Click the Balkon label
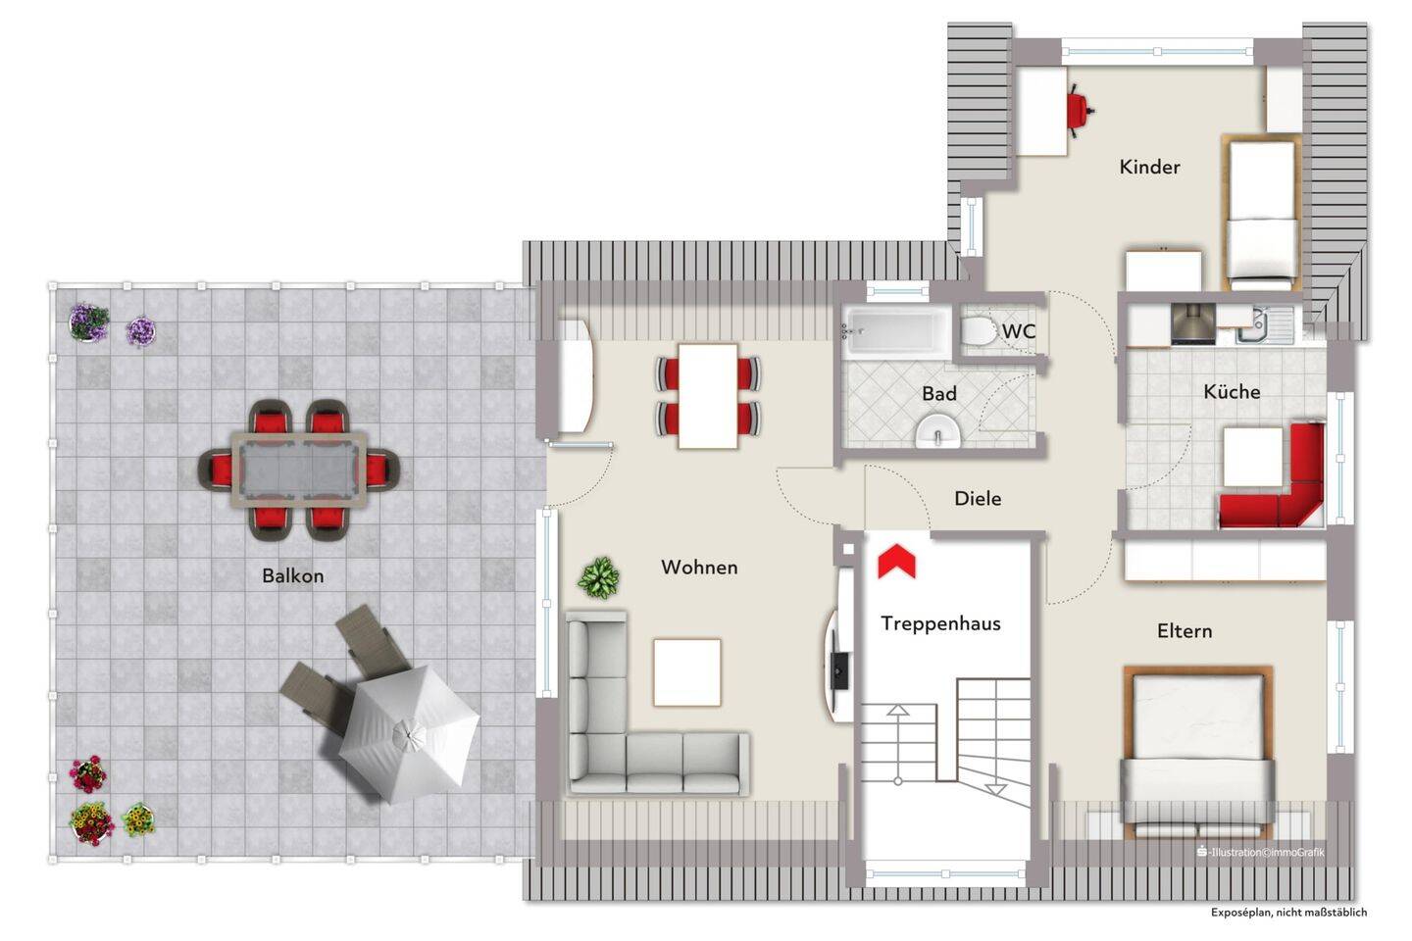[x=293, y=575]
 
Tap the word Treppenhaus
[x=940, y=623]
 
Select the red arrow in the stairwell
[x=896, y=561]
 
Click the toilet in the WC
[x=979, y=330]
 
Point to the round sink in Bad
[x=938, y=431]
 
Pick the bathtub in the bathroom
[x=896, y=330]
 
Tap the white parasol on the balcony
[x=409, y=733]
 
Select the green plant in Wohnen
[x=599, y=576]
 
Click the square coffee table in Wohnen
[x=687, y=671]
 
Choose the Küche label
[x=1232, y=391]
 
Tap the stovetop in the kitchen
[x=1193, y=324]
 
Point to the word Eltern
[x=1185, y=631]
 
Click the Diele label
[x=978, y=499]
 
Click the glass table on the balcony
[x=299, y=470]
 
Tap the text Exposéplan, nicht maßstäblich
[x=1288, y=912]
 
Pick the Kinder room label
[x=1150, y=167]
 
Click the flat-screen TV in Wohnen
[x=840, y=671]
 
